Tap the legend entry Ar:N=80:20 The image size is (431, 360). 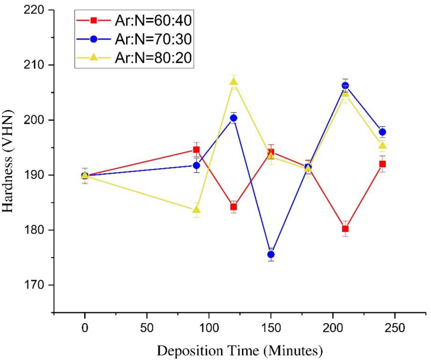[136, 58]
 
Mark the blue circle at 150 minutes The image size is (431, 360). [271, 255]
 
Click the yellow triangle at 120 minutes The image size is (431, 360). [234, 81]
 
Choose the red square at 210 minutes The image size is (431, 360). [345, 229]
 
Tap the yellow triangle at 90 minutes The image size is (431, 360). [196, 209]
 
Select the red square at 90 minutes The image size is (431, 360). [196, 150]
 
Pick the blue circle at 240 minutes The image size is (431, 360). [382, 132]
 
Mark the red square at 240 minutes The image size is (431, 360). [382, 164]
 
